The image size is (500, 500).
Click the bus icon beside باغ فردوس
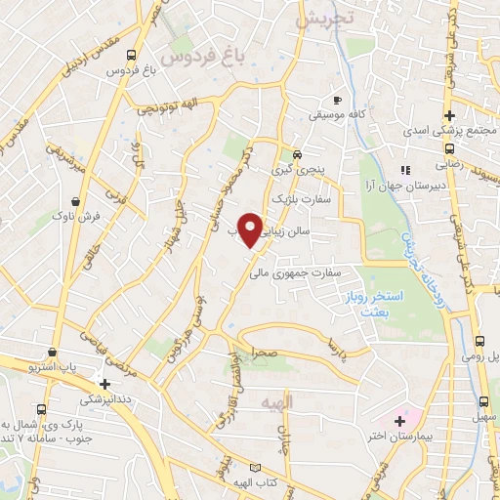(132, 55)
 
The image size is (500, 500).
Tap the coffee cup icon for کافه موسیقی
(337, 100)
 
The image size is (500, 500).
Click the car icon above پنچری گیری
(297, 154)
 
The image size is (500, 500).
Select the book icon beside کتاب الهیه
(256, 468)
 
